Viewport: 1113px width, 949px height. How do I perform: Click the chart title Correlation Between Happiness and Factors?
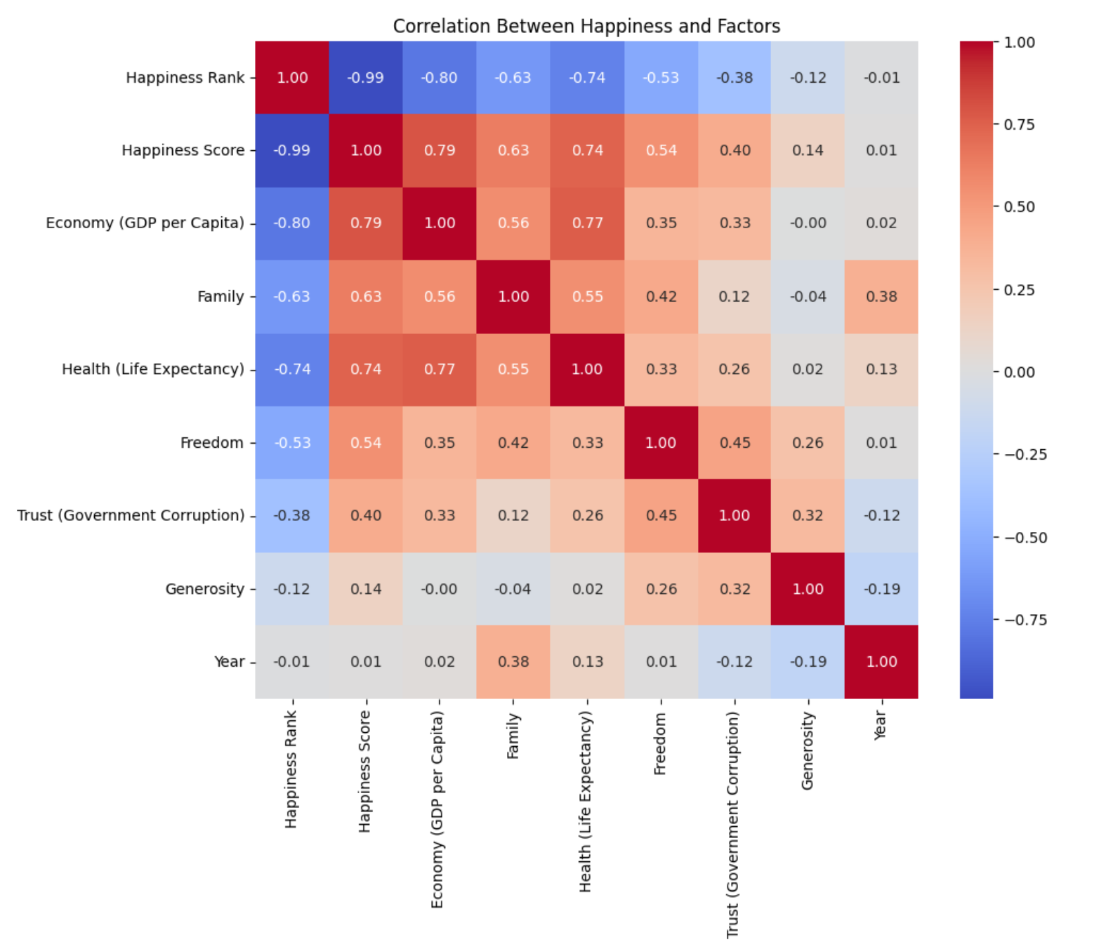[586, 27]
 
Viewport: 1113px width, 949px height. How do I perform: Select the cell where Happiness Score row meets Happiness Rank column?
[292, 150]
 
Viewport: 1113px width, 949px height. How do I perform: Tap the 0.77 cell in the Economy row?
[587, 223]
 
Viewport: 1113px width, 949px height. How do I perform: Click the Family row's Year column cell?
[881, 296]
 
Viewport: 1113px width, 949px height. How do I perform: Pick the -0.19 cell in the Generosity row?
[881, 589]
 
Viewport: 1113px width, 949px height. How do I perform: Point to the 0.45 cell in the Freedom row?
[735, 443]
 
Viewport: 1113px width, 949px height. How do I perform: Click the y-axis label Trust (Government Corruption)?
[131, 515]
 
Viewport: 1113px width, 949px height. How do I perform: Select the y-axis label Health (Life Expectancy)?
[153, 369]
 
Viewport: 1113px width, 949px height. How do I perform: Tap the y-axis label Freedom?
[211, 443]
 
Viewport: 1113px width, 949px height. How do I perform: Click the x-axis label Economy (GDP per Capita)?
[437, 809]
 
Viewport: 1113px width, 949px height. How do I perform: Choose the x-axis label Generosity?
[808, 750]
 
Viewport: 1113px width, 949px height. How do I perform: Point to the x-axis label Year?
[881, 724]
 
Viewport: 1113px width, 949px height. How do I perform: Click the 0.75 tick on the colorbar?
[1019, 124]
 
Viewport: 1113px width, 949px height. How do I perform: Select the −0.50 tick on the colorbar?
[1025, 538]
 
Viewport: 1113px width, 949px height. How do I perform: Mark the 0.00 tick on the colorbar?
[1019, 372]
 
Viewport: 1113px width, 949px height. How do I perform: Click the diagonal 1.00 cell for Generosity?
[808, 589]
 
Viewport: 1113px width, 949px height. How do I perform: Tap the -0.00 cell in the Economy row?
[808, 223]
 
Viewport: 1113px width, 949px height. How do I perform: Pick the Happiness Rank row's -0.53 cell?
[661, 78]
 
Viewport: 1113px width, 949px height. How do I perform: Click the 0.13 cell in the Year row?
[587, 662]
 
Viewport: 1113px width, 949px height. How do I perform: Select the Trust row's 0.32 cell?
[808, 515]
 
